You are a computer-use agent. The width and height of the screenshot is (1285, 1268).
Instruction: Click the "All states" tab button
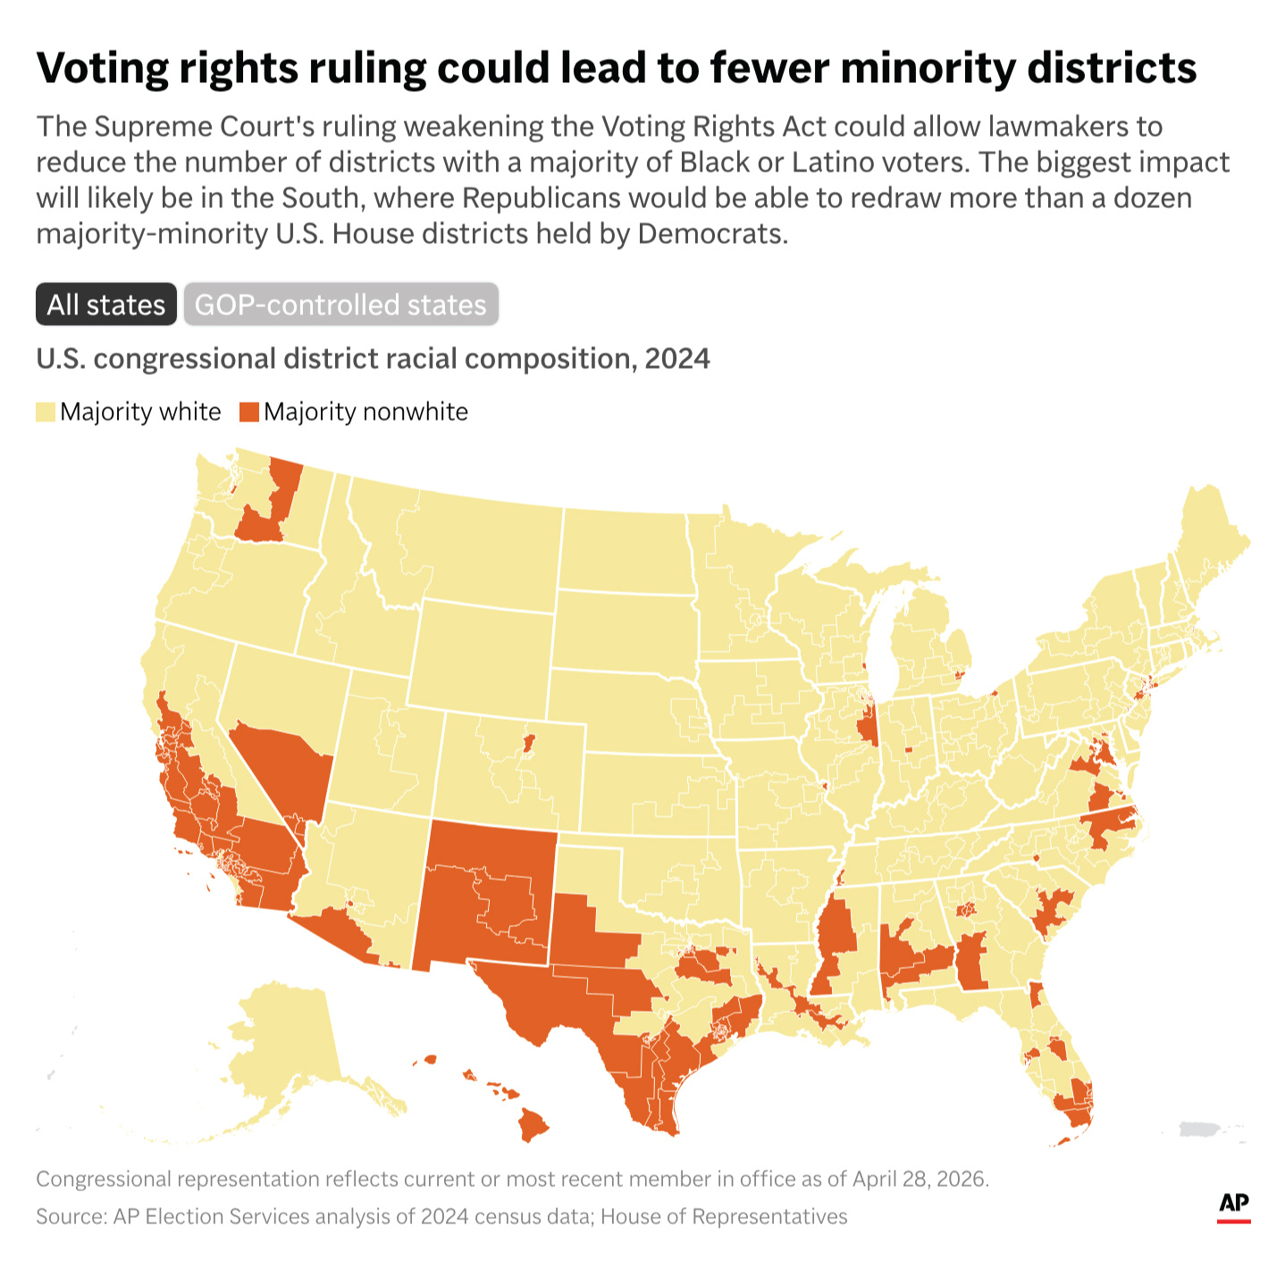106,304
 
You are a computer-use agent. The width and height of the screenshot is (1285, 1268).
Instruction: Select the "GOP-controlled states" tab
340,304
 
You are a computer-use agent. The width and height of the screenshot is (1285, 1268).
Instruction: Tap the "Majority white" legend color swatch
46,412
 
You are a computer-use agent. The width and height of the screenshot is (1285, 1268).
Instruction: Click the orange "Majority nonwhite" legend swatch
248,412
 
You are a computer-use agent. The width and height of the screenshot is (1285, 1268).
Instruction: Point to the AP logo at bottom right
1233,1208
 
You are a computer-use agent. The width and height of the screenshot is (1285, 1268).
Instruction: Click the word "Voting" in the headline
103,69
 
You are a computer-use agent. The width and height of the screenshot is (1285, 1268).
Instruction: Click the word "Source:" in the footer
71,1216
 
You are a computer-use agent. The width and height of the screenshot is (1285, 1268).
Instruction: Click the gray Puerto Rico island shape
1199,1130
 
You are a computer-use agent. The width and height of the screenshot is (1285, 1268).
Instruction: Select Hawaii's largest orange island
533,1124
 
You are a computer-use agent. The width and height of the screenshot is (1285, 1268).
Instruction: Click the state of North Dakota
624,550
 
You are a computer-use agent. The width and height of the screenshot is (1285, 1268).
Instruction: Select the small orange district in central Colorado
528,743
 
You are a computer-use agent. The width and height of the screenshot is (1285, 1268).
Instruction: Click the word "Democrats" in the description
712,233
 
